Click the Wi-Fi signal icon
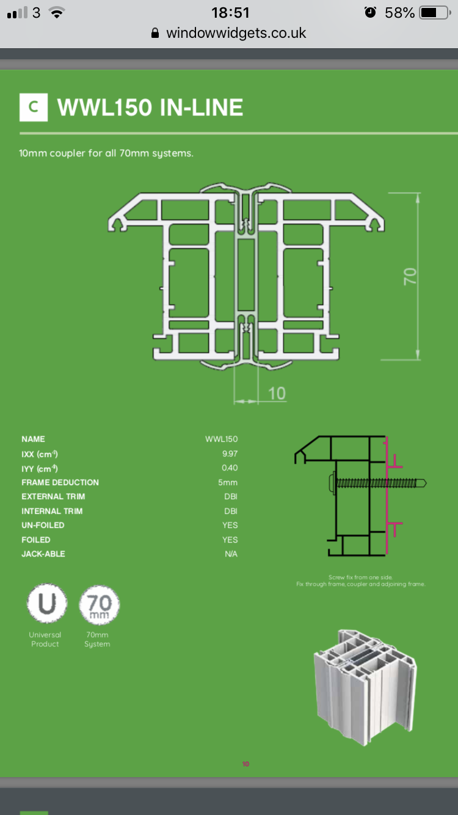point(57,12)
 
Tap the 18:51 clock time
point(230,12)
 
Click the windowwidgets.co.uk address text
point(236,33)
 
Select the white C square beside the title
point(34,107)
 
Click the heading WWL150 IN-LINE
point(150,108)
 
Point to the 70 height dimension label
point(410,276)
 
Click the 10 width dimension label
point(277,393)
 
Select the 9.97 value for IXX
point(230,454)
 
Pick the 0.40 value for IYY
point(230,468)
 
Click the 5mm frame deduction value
point(228,483)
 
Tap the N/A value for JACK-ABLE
point(230,554)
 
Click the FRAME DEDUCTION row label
point(60,483)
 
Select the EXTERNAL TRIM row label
point(53,497)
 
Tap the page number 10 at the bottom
point(245,764)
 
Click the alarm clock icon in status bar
point(370,12)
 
